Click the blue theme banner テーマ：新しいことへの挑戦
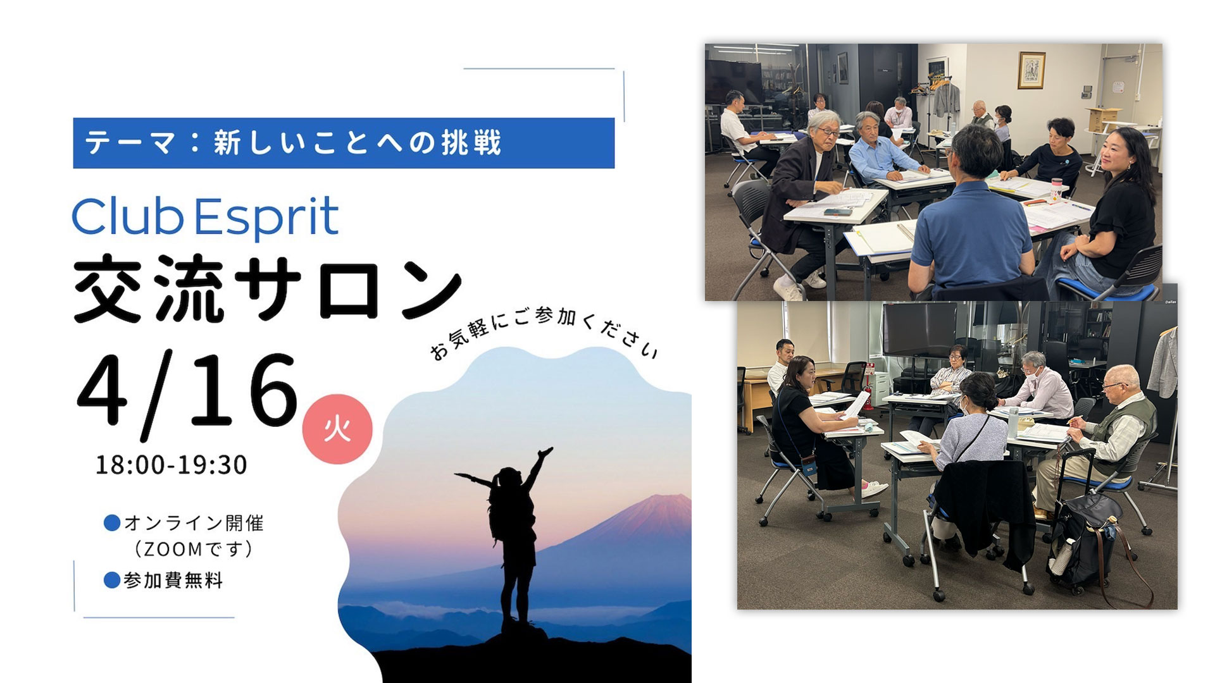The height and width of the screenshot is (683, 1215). (344, 143)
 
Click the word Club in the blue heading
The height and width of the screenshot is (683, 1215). (127, 216)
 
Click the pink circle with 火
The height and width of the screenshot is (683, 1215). (337, 430)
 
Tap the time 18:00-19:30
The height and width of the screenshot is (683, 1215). (171, 465)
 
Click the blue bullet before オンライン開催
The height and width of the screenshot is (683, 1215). (112, 523)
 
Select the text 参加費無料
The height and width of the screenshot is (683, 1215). (173, 581)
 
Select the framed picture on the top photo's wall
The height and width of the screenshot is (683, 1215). (1031, 70)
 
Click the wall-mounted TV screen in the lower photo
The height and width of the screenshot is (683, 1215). (920, 329)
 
